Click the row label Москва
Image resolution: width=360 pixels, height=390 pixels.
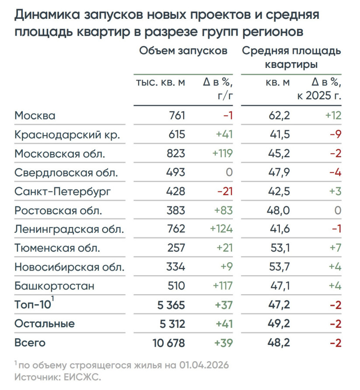[35, 116]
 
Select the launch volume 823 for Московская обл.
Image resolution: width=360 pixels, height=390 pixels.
[176, 154]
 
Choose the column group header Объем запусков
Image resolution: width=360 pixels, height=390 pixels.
[183, 50]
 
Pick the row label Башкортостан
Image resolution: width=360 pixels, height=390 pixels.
[54, 286]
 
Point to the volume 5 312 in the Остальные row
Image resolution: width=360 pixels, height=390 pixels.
[170, 324]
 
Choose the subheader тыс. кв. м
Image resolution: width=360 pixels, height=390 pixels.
[161, 83]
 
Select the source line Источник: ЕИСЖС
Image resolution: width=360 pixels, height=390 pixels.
[57, 377]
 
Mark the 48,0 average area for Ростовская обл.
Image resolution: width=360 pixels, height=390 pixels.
[279, 211]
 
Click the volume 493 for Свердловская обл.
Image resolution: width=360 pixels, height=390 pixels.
[177, 172]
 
